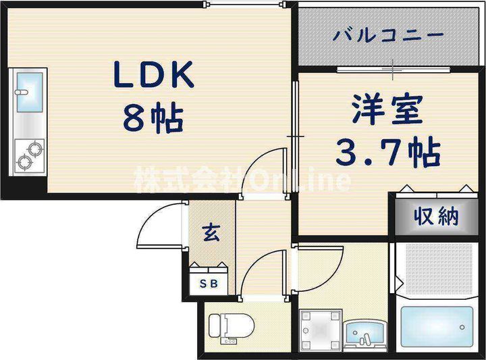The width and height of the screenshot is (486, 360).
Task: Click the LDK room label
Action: coord(153,74)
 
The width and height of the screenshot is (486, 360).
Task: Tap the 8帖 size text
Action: coord(153,118)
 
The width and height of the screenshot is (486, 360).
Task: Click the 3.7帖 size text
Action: coord(388,152)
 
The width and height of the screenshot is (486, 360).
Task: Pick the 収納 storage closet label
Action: coord(437,216)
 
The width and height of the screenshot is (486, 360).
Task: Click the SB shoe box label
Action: coord(209,284)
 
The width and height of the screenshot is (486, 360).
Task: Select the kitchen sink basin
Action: coord(30,92)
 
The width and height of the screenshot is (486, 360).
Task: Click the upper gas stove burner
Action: coord(35,149)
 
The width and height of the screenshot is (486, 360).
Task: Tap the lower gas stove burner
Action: coord(24,162)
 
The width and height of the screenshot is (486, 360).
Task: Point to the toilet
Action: coord(232,326)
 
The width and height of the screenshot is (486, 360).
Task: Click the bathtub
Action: coord(437,326)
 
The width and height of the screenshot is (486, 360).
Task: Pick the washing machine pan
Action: coord(321,330)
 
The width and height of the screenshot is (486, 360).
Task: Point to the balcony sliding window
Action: coord(393,70)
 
